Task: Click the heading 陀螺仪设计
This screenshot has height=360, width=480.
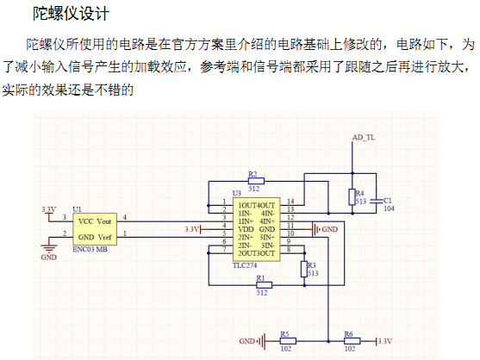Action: [x=71, y=14]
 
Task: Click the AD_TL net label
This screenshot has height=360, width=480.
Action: [x=364, y=137]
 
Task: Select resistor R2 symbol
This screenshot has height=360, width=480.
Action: [x=256, y=181]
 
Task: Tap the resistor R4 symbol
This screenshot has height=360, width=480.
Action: [x=352, y=197]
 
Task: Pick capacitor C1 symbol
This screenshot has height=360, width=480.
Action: [x=377, y=201]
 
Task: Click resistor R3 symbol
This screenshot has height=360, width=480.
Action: [x=304, y=270]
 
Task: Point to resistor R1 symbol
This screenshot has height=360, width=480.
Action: [x=264, y=285]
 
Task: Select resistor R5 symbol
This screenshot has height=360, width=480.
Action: [x=288, y=341]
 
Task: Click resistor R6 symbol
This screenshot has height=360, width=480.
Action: [x=352, y=341]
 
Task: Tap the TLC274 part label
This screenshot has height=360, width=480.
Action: [x=245, y=265]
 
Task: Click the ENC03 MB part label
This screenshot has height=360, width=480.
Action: [x=90, y=249]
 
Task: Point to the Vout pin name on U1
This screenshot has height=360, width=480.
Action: [x=104, y=221]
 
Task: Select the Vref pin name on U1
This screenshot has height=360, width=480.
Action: [x=104, y=238]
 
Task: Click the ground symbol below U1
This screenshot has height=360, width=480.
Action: [x=49, y=247]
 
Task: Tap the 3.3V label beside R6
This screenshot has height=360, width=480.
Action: [x=384, y=341]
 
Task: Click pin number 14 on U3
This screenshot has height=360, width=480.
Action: [x=290, y=202]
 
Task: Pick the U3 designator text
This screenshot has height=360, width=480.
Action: [x=237, y=193]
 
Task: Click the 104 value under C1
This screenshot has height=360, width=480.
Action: [x=389, y=208]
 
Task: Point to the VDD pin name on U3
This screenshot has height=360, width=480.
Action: [x=246, y=229]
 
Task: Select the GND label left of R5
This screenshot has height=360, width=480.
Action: [x=246, y=341]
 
